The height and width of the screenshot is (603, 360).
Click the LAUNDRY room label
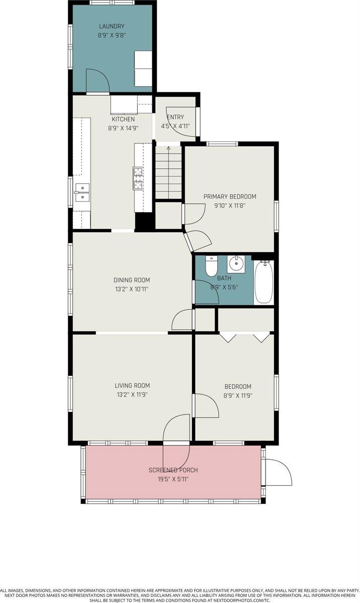click(x=112, y=26)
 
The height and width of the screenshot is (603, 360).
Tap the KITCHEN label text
click(x=123, y=119)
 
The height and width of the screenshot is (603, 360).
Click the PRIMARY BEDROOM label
click(x=230, y=196)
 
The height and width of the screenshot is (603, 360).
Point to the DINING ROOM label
click(x=131, y=280)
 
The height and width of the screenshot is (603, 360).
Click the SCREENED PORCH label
click(x=173, y=470)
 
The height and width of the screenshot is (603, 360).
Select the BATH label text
click(x=224, y=278)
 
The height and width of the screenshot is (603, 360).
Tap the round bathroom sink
click(x=235, y=263)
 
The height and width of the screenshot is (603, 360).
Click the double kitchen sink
click(x=81, y=192)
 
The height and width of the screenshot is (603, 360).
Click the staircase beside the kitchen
click(x=167, y=172)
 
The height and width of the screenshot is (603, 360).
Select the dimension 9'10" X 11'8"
click(x=230, y=205)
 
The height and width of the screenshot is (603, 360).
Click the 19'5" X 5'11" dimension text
click(x=173, y=479)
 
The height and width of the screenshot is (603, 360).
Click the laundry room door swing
click(x=97, y=81)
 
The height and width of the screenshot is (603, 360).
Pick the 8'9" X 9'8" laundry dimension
click(x=112, y=36)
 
